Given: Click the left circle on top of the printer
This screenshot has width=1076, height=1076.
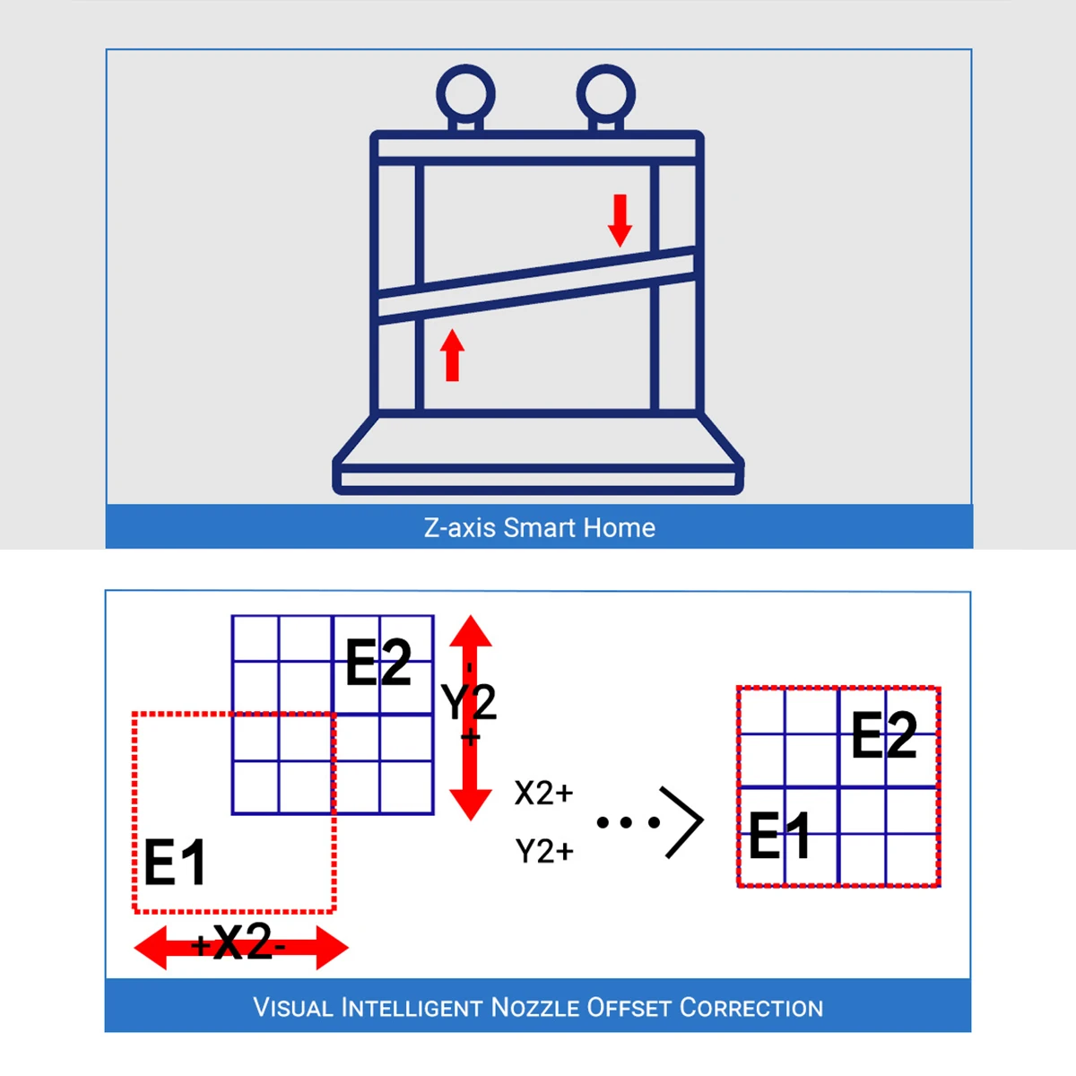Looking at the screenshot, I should [x=465, y=93].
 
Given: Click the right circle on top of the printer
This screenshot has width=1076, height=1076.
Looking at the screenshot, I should [x=606, y=93].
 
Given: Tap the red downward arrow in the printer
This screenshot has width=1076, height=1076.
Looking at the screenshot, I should [x=620, y=220].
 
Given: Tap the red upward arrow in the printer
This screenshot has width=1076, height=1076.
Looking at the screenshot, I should [x=453, y=355].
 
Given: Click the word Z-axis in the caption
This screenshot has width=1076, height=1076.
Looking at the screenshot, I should [x=460, y=527].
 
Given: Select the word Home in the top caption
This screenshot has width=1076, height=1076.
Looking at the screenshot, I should [x=619, y=527].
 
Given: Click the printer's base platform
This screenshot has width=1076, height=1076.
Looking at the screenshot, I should [x=538, y=466].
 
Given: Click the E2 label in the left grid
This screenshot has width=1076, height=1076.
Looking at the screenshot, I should [x=378, y=664].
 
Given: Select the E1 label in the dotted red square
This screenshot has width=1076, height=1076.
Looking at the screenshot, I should [x=175, y=863].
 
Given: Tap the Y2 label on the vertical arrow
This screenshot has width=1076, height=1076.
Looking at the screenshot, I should [x=469, y=701].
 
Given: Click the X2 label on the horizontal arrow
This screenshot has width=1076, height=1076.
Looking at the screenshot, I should [x=242, y=942].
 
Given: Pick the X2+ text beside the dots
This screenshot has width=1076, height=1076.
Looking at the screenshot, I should [x=543, y=794].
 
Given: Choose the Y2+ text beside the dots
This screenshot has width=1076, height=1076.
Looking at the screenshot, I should [x=544, y=851].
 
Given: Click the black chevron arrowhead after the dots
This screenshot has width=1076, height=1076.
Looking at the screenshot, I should [x=683, y=821].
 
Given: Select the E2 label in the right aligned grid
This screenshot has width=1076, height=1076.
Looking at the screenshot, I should [x=884, y=735].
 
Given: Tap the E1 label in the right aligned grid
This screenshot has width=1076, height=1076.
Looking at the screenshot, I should [x=779, y=836].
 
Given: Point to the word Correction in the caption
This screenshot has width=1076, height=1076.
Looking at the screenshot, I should [x=751, y=1008].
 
